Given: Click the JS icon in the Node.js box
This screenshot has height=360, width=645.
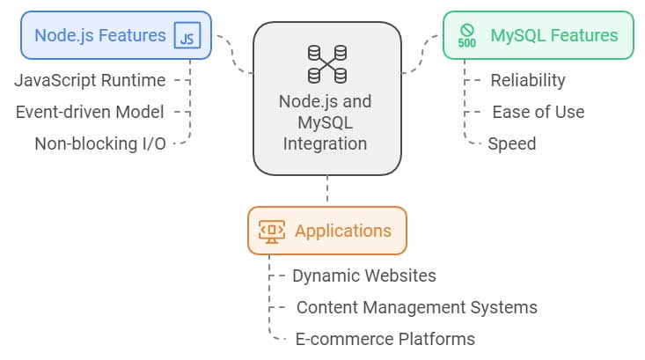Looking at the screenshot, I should pos(187,36).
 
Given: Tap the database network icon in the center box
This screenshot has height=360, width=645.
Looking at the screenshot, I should pos(326,62).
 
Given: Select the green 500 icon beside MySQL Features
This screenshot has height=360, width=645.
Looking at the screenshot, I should pos(467,36).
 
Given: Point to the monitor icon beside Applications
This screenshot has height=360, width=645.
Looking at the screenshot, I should pos(272,231).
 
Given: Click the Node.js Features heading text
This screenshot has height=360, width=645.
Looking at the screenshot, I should pos(99,36).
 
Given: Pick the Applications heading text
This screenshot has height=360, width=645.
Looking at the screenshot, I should pos(342,231).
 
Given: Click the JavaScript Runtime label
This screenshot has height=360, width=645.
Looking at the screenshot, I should pos(90,81).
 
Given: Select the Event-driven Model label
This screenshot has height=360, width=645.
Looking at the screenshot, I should pos(90,112).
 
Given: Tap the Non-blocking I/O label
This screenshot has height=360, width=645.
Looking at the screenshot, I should pos(99,143).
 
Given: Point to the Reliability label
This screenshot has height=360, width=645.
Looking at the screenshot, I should pos(527,81).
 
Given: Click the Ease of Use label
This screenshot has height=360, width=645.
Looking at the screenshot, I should pos(538,112).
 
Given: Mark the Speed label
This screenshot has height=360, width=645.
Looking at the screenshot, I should pos(511,143).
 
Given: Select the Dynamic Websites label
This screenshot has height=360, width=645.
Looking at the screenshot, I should pos(363,276).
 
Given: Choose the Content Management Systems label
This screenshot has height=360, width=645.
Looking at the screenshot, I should pos(416,307).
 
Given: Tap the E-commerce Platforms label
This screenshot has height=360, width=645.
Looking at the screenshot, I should pos(384,339).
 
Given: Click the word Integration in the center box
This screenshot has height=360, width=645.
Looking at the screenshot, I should pos(326,142).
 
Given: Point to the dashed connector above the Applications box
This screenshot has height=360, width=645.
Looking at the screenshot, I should pos(326,189).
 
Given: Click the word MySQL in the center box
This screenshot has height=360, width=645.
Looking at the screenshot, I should pos(326,121).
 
